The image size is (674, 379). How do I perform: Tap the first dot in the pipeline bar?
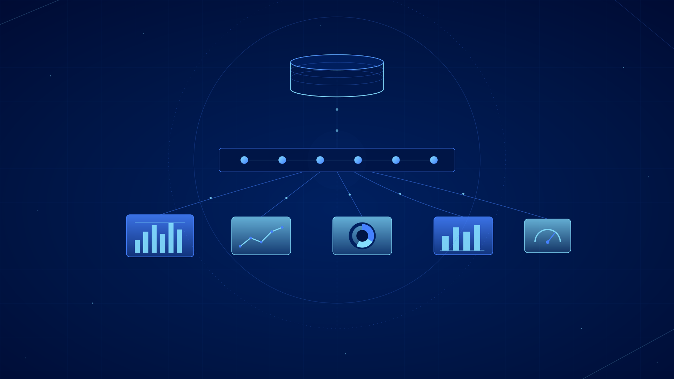pos(244,160)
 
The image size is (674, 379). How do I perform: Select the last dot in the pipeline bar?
pos(434,160)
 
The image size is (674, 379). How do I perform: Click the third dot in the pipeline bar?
pos(320,160)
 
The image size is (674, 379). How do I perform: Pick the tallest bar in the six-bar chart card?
pos(171,238)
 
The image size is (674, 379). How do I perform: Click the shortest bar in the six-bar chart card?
pos(137,246)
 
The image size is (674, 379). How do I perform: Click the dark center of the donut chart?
pos(362,236)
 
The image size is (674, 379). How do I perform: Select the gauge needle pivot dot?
pos(548,242)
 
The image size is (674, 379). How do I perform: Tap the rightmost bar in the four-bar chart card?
pos(477,238)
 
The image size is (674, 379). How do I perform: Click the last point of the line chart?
pos(282,228)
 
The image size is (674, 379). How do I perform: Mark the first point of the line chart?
pos(240,246)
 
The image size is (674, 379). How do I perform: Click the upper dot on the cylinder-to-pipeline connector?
pos(337,109)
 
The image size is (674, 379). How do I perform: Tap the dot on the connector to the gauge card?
pos(463,194)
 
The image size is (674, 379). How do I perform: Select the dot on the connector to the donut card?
pos(350,194)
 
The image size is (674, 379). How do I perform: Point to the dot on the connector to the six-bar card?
pos(211,198)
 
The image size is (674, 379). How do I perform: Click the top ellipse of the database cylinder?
pos(337,62)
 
